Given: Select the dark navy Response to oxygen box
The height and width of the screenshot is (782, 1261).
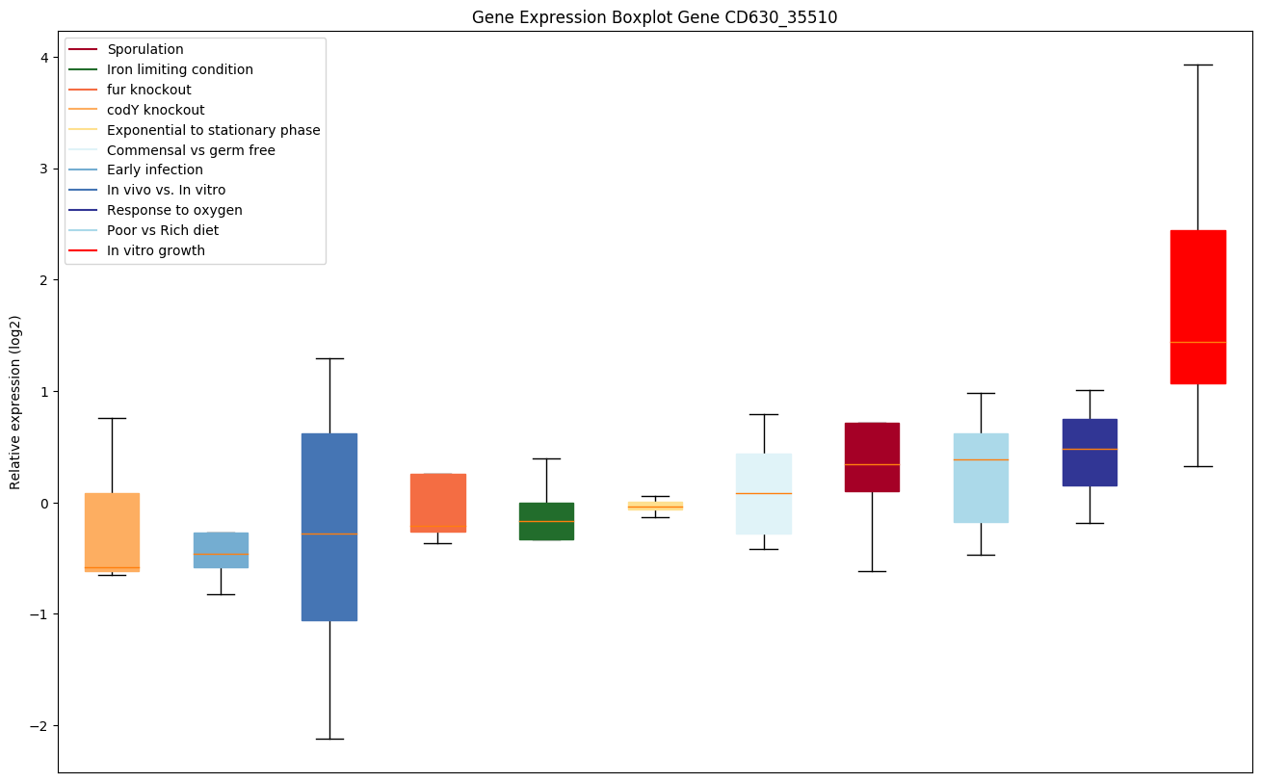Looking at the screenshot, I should pyautogui.click(x=1089, y=452).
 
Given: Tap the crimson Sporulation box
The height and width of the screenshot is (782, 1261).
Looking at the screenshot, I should pyautogui.click(x=872, y=456).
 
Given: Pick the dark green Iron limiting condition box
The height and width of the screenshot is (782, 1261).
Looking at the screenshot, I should pyautogui.click(x=546, y=521).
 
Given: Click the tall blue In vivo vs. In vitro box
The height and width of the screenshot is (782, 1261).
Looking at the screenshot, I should pyautogui.click(x=329, y=527).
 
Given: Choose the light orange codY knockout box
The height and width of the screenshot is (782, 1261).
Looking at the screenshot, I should pyautogui.click(x=112, y=532).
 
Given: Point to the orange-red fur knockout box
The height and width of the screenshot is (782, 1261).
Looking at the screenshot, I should pyautogui.click(x=437, y=503).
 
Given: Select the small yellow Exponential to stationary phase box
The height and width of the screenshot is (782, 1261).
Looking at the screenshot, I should pyautogui.click(x=655, y=505).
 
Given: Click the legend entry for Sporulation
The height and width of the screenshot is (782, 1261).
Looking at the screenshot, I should pyautogui.click(x=144, y=49).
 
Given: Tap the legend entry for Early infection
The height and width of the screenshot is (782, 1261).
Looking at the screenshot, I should pyautogui.click(x=154, y=170).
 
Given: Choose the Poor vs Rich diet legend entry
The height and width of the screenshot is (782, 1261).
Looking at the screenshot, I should pyautogui.click(x=162, y=231).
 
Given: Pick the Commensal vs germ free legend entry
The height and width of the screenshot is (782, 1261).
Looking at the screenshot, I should pyautogui.click(x=191, y=150).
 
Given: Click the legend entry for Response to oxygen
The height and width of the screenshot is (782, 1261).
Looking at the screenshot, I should pyautogui.click(x=174, y=211).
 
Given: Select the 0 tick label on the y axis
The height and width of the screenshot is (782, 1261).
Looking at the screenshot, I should pyautogui.click(x=45, y=504).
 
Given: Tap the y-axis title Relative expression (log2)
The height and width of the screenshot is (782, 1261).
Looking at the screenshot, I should pyautogui.click(x=15, y=402).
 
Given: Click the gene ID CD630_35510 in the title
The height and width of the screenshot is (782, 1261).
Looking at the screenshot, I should pyautogui.click(x=776, y=17).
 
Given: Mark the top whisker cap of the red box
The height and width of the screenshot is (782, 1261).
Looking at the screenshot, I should pyautogui.click(x=1197, y=65).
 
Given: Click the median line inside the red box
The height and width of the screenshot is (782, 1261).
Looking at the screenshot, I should pyautogui.click(x=1197, y=342).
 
